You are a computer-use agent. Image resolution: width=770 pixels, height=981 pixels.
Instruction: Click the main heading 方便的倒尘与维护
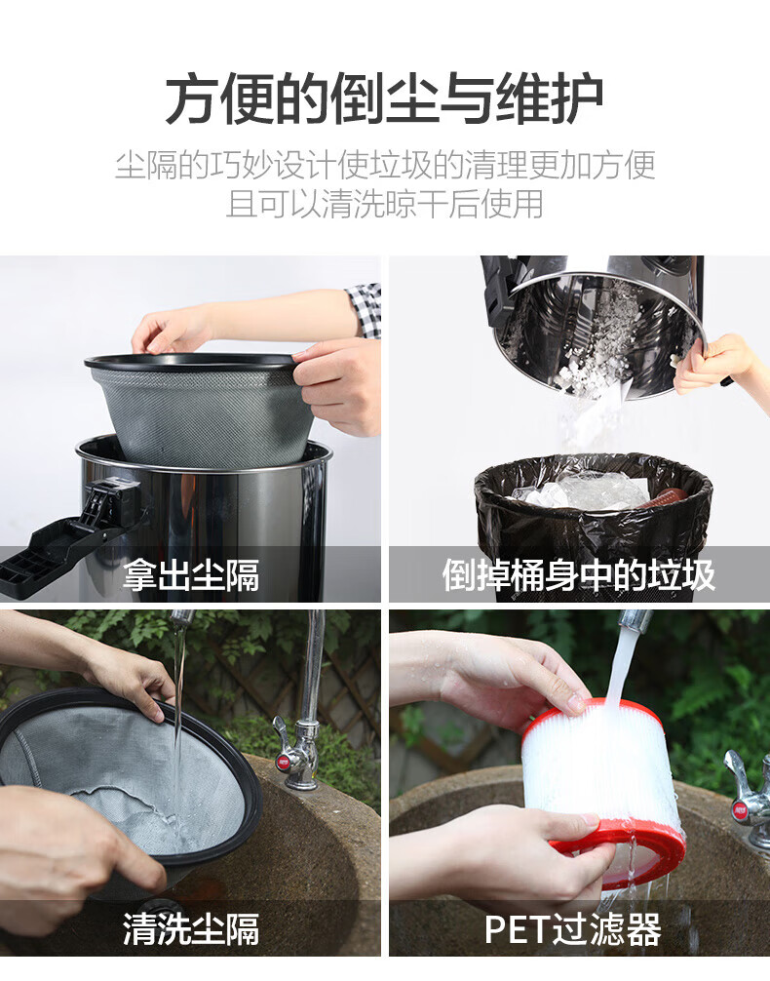click(x=384, y=100)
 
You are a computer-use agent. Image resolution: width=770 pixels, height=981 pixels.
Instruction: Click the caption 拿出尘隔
click(x=191, y=575)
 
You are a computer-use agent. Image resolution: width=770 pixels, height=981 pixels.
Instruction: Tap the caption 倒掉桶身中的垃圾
click(x=579, y=575)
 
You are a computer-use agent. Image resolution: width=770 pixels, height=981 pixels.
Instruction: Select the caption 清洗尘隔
click(x=191, y=929)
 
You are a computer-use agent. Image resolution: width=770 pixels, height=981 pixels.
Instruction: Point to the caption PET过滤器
click(x=573, y=929)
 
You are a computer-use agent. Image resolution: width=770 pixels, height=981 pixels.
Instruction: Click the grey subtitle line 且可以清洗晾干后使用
click(x=384, y=204)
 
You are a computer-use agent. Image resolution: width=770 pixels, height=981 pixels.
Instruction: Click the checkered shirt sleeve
click(x=365, y=310)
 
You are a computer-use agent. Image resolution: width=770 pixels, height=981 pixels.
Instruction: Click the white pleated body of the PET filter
click(x=600, y=769)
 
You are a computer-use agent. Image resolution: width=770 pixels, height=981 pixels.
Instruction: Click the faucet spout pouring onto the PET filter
click(x=633, y=619)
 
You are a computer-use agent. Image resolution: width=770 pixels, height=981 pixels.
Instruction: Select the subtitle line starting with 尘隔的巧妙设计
click(x=384, y=165)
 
